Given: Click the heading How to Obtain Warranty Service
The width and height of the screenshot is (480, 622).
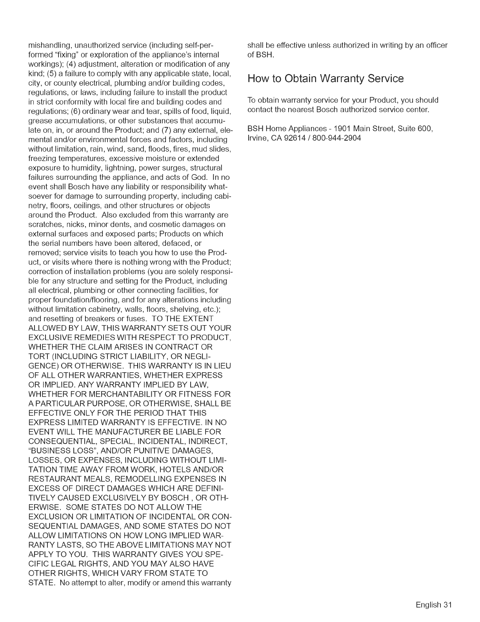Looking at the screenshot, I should (x=325, y=79).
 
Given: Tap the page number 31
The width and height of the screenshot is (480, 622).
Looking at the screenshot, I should (x=448, y=605).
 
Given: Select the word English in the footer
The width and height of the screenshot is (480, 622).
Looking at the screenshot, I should (x=429, y=605).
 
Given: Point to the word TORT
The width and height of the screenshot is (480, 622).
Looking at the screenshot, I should (x=38, y=357).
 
